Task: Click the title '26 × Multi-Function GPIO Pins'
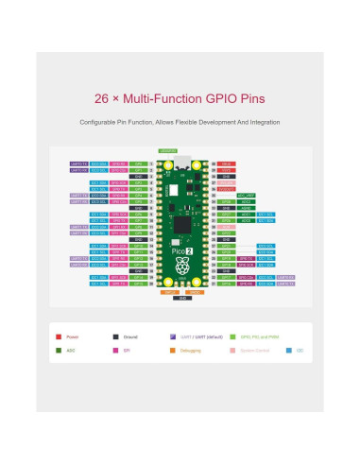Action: click(180, 98)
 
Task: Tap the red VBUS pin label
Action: click(228, 164)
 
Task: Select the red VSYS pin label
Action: click(228, 169)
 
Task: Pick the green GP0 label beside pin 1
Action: click(139, 164)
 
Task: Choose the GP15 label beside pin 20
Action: click(139, 283)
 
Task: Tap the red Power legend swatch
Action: click(60, 336)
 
